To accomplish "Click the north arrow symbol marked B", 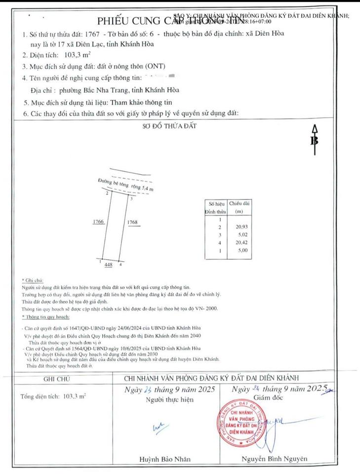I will (x=313, y=140).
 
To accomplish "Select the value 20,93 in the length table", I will (x=239, y=227).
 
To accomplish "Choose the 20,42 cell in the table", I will (x=239, y=243).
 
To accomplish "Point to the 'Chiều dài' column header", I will (x=240, y=206).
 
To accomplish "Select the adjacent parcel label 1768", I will (x=132, y=223).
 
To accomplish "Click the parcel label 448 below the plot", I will (x=109, y=265).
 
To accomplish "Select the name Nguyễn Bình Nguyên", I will (x=274, y=459).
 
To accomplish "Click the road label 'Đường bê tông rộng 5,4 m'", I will (x=125, y=185).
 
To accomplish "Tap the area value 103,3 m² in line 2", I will (x=75, y=55).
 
